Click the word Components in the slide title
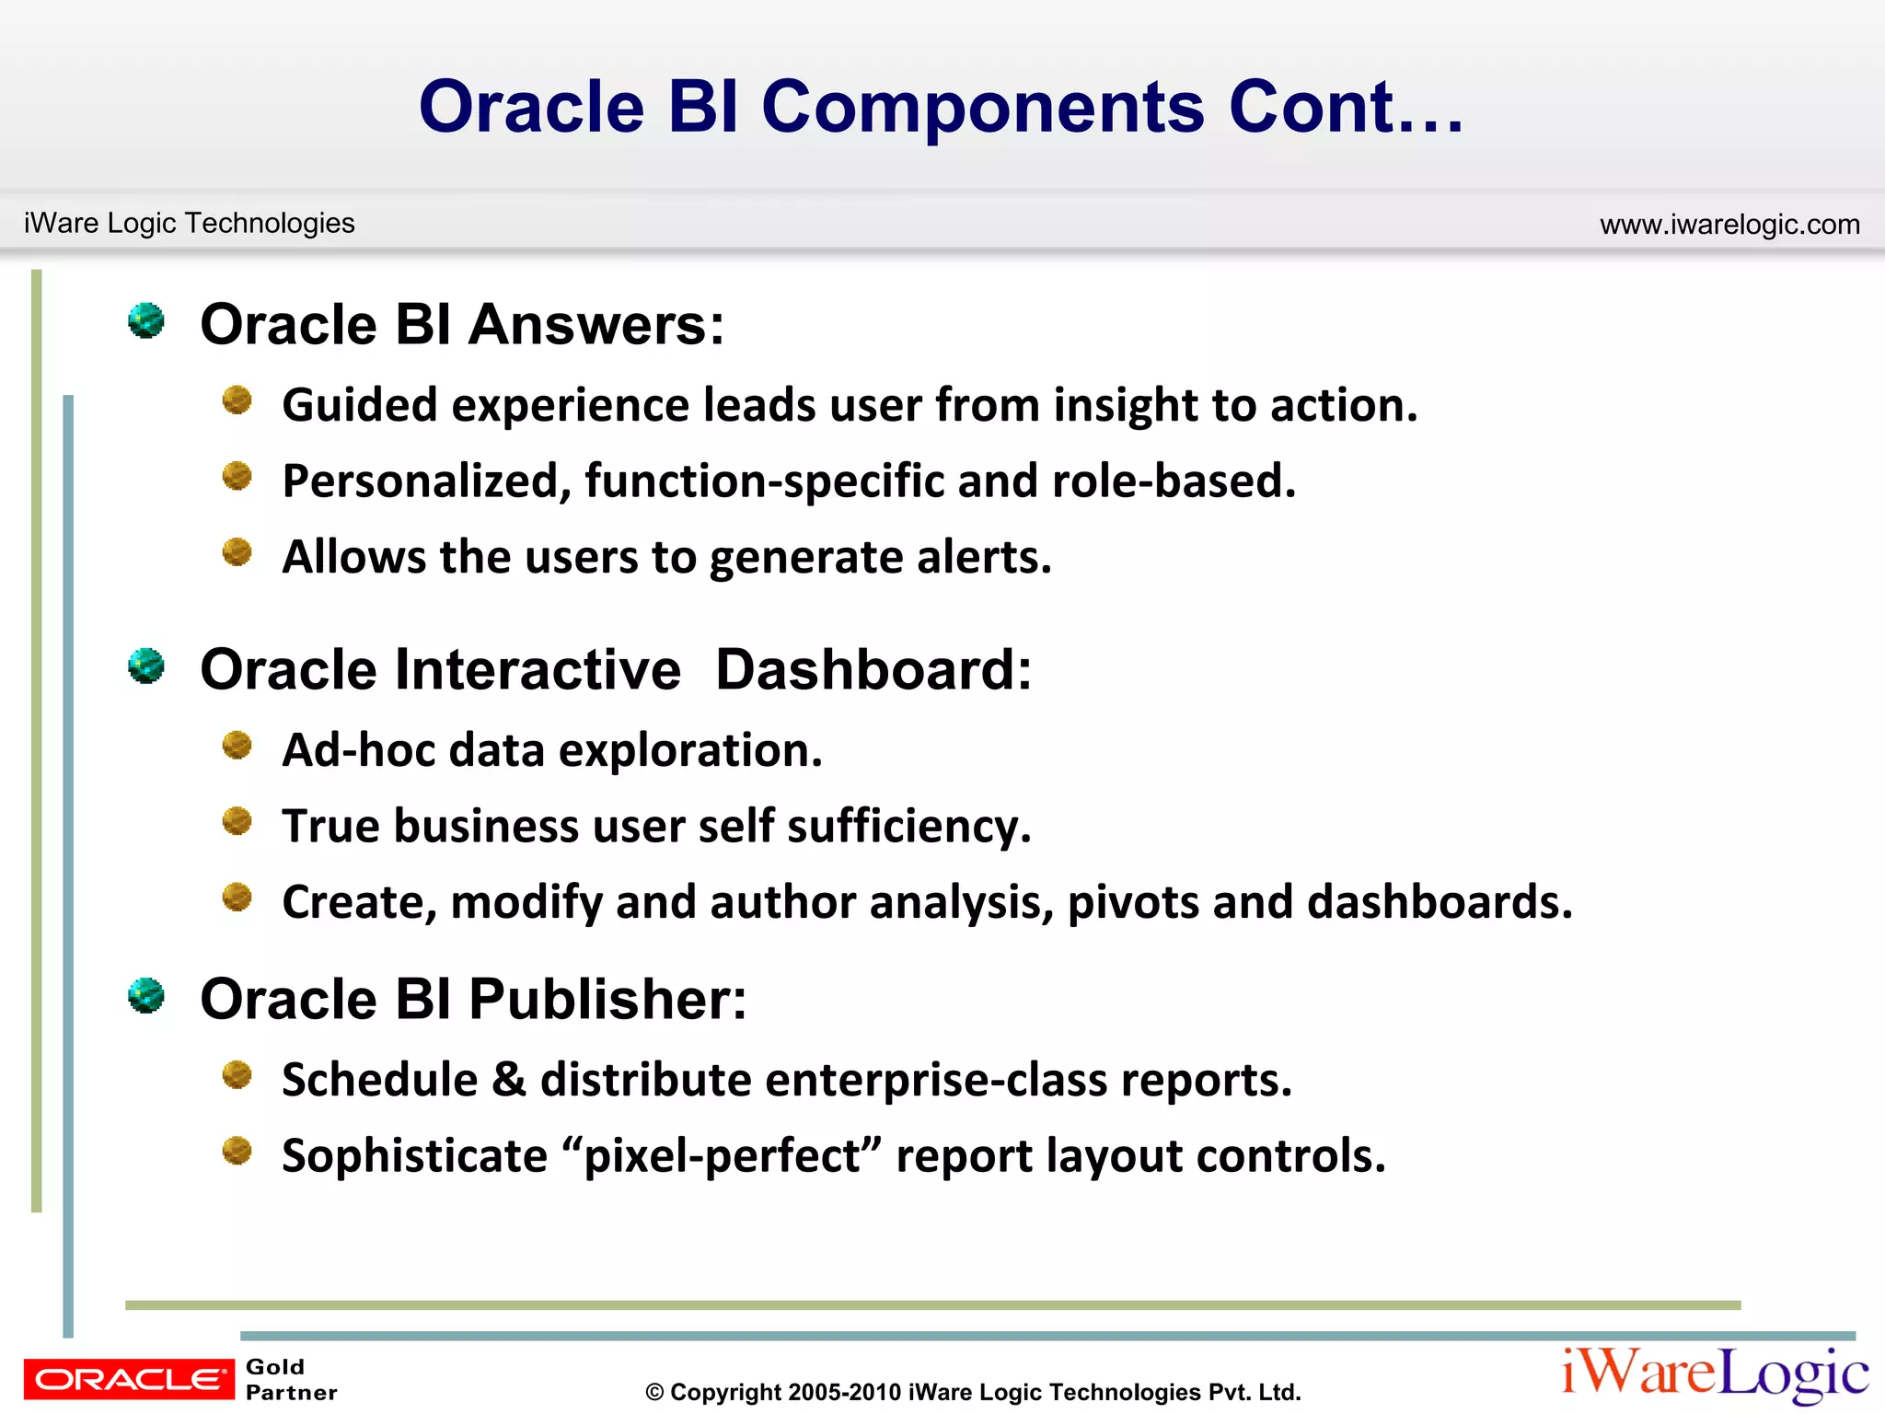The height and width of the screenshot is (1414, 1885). (x=983, y=109)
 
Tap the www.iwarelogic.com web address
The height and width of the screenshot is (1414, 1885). (x=1729, y=225)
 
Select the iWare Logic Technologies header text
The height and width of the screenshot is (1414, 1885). (x=189, y=223)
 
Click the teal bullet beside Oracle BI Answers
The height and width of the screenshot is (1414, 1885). (x=145, y=321)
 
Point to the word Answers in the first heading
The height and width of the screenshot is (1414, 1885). (x=596, y=325)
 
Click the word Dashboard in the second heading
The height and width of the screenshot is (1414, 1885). (x=873, y=669)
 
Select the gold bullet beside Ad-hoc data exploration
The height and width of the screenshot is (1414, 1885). (x=237, y=745)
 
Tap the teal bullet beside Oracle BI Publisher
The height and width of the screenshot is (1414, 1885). (x=145, y=996)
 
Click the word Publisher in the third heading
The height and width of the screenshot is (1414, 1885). (x=607, y=1000)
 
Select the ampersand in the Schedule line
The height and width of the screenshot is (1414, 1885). (x=508, y=1080)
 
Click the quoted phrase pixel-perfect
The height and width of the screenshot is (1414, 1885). (x=722, y=1156)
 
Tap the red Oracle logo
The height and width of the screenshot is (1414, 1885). (x=129, y=1379)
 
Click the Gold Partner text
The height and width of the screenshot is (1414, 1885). (x=291, y=1380)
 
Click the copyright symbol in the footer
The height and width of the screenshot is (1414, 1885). (x=654, y=1393)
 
